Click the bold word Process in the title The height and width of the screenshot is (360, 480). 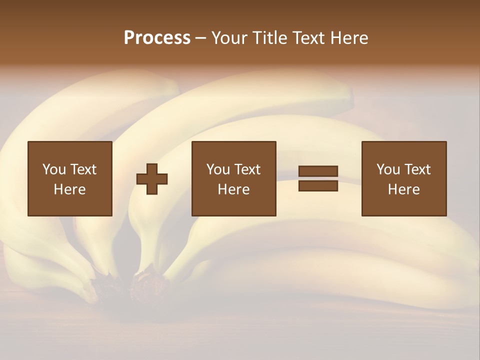(x=157, y=38)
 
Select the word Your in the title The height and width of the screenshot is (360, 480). (x=229, y=38)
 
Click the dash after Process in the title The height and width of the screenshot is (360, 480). (x=200, y=39)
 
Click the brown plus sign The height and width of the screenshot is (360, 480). (x=152, y=179)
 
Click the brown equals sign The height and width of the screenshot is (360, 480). (x=318, y=178)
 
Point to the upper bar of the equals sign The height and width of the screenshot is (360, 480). (x=318, y=171)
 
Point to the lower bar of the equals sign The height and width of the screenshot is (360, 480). (x=318, y=185)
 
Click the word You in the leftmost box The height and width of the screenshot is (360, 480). (x=54, y=169)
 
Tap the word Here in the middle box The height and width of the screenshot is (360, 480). (x=234, y=189)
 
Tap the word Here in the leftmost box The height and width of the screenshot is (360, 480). (x=70, y=189)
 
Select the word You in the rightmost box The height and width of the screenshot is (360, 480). (x=388, y=169)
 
